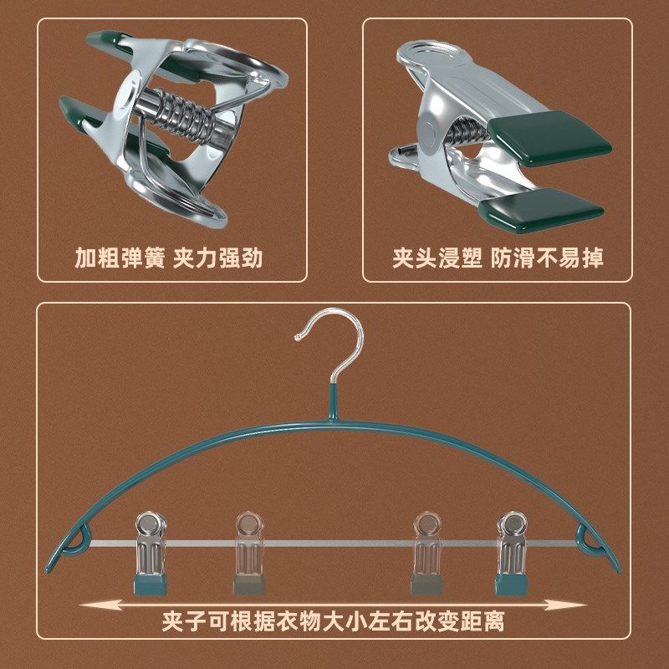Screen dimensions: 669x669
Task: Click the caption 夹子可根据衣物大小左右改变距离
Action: (x=334, y=622)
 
